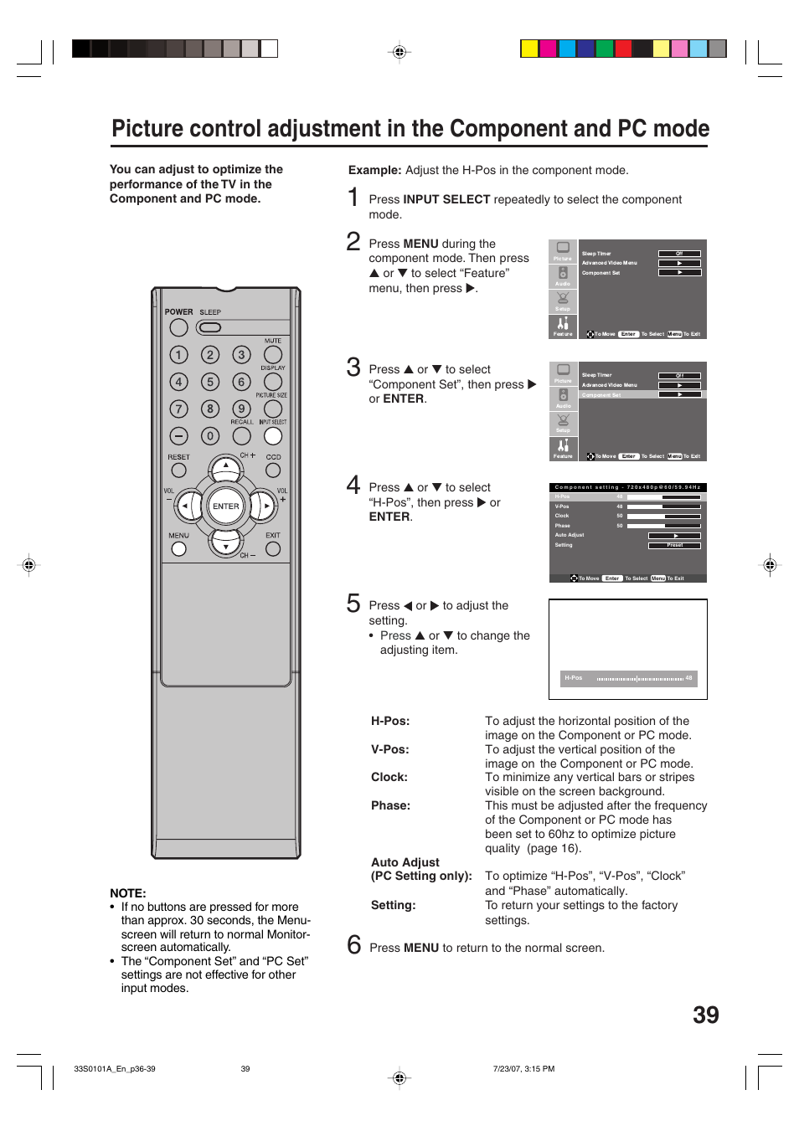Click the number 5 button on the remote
(x=210, y=382)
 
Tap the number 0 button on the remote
(x=210, y=435)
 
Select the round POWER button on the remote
(x=178, y=327)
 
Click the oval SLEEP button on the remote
(x=209, y=327)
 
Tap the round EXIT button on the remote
(x=273, y=549)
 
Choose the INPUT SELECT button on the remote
(x=273, y=435)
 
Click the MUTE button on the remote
(x=273, y=354)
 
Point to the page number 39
(x=705, y=1015)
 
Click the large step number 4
(x=353, y=486)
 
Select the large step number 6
(x=353, y=945)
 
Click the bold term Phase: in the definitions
(x=390, y=805)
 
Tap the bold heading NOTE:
(x=128, y=893)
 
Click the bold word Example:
(x=374, y=170)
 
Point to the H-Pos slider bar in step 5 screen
(x=640, y=679)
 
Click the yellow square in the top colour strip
(x=529, y=49)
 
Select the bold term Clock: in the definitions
(x=389, y=777)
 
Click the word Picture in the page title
(x=143, y=129)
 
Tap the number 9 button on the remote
(x=241, y=409)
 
